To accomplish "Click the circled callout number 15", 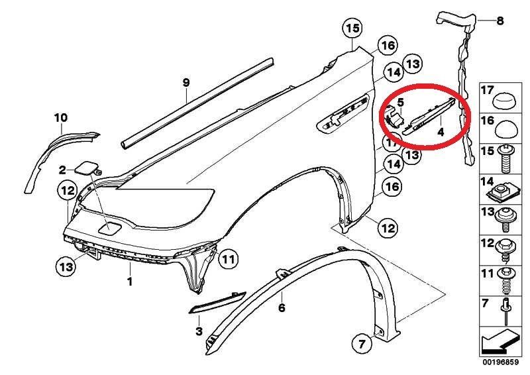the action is [x=352, y=28].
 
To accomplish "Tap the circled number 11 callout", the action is [x=228, y=259].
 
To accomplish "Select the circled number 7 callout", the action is [x=362, y=345].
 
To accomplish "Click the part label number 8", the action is [x=500, y=21].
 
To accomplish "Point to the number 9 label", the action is [x=186, y=82].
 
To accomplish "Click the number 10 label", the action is [x=61, y=118].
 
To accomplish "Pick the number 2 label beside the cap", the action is [x=62, y=170].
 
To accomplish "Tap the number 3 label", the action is [x=199, y=331].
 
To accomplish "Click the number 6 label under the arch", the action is [x=282, y=307].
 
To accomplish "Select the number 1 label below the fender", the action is [x=129, y=281].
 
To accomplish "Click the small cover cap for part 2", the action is [x=86, y=168].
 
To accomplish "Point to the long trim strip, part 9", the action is [x=197, y=103].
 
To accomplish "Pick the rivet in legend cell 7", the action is [x=506, y=311].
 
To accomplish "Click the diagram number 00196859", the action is [x=500, y=362].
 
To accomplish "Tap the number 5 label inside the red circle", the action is [x=400, y=102].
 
